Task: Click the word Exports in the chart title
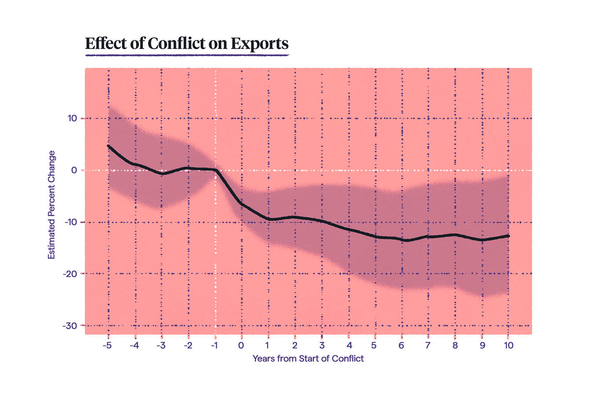click(x=259, y=44)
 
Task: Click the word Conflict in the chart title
click(x=176, y=44)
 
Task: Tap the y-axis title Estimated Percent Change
click(x=51, y=205)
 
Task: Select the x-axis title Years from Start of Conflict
click(x=308, y=359)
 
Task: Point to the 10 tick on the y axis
click(x=72, y=118)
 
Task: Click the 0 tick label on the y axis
click(x=74, y=170)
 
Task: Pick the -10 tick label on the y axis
click(x=70, y=222)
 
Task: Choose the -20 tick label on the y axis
click(x=70, y=274)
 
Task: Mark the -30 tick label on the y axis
click(x=70, y=326)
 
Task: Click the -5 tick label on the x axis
click(x=107, y=345)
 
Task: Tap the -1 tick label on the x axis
click(x=214, y=345)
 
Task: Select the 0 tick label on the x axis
click(x=241, y=345)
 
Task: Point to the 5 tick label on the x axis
click(x=374, y=345)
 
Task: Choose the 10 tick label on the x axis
click(x=509, y=345)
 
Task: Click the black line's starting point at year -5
click(x=108, y=146)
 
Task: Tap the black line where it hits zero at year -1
click(x=216, y=170)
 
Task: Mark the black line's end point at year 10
click(x=508, y=236)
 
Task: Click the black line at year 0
click(x=242, y=204)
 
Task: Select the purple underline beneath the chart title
click(x=187, y=55)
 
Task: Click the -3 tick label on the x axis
click(x=161, y=345)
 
